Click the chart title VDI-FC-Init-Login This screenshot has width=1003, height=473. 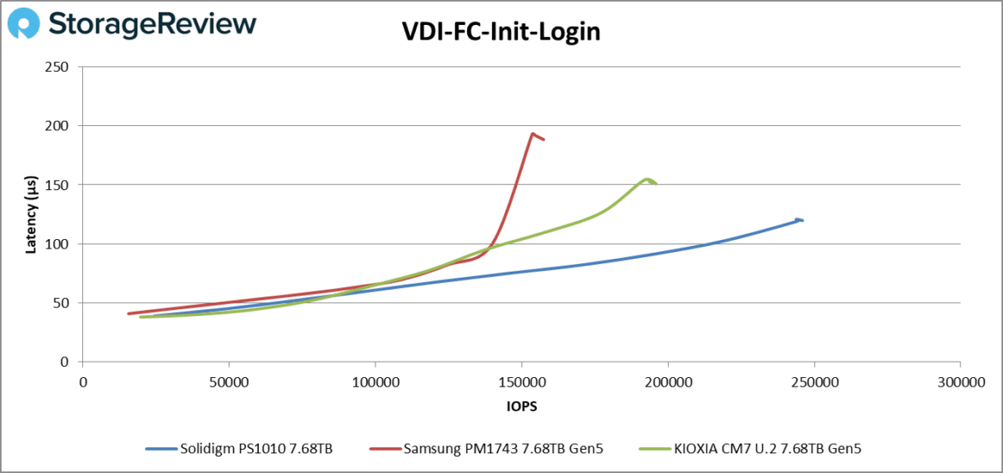pyautogui.click(x=501, y=32)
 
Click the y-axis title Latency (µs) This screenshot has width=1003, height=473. pyautogui.click(x=30, y=214)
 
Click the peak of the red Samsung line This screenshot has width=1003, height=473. pyautogui.click(x=532, y=134)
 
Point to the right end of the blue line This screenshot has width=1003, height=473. pyautogui.click(x=802, y=220)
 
